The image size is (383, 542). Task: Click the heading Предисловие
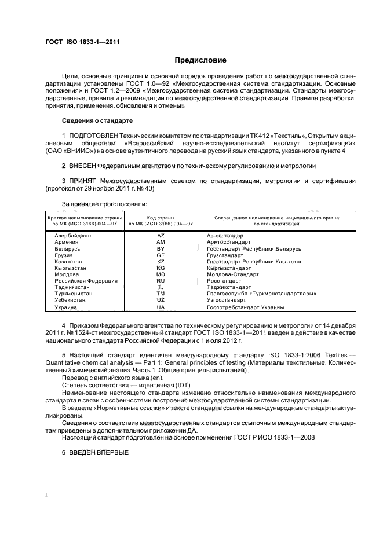point(200,60)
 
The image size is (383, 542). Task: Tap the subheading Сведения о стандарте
point(97,120)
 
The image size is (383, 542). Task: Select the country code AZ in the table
point(161,236)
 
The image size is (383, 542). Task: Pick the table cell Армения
point(67,243)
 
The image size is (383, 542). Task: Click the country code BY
point(161,249)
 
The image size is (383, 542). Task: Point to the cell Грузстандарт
point(228,255)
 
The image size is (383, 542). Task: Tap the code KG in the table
point(161,268)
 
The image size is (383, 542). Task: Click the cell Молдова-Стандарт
point(233,274)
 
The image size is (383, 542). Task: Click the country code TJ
point(161,287)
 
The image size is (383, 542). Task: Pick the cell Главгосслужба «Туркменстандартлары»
point(261,294)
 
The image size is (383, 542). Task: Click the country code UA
point(161,307)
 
